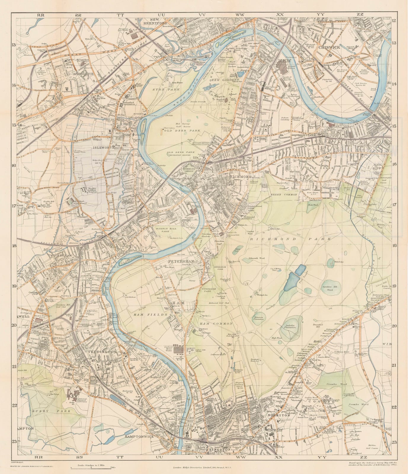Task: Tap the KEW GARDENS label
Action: click(x=228, y=80)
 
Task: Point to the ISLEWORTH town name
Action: click(x=102, y=147)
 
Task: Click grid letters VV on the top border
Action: click(x=202, y=15)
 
